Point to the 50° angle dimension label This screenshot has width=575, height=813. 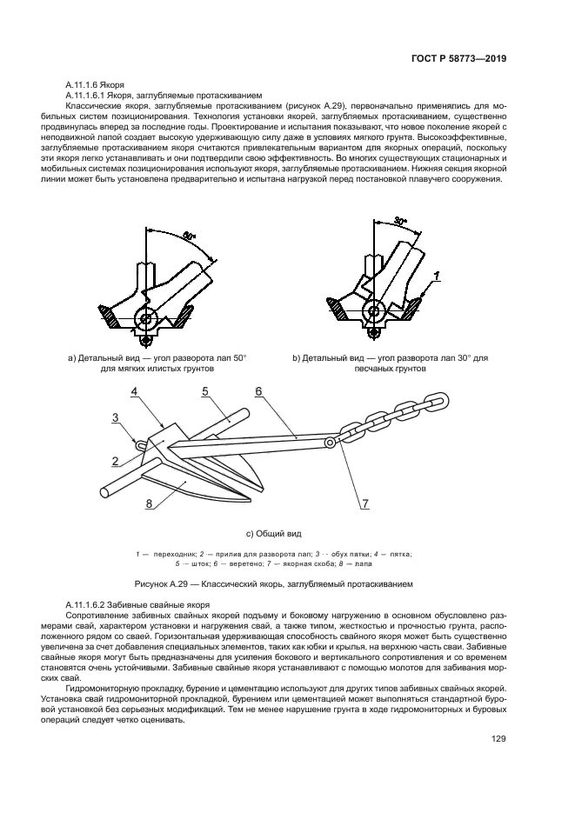point(189,236)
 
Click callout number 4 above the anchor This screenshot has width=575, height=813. point(135,392)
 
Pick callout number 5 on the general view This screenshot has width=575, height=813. point(204,391)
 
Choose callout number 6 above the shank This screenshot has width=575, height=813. point(259,391)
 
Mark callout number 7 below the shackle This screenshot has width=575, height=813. point(364,503)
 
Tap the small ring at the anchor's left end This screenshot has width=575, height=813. point(137,445)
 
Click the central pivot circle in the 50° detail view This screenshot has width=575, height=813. point(147,318)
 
